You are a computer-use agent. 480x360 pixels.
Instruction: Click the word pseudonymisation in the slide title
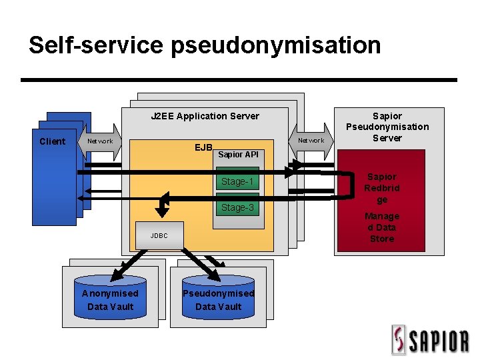pos(275,45)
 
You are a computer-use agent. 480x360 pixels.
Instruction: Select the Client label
pos(53,141)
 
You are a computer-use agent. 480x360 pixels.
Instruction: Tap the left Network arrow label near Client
pos(101,141)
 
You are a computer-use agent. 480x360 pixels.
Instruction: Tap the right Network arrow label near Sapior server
pos(311,141)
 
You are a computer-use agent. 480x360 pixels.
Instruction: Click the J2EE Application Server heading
pos(205,116)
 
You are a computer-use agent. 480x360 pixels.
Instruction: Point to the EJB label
pos(203,147)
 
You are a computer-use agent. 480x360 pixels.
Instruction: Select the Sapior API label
pos(238,155)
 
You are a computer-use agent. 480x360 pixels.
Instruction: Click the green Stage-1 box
pos(237,181)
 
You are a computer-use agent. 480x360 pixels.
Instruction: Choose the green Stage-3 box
pos(237,207)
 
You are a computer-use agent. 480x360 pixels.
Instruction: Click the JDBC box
pos(159,235)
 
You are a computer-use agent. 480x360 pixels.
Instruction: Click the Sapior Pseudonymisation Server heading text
pos(387,127)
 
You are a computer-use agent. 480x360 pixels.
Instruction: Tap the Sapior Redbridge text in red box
pos(382,188)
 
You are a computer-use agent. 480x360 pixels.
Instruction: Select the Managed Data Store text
pos(382,227)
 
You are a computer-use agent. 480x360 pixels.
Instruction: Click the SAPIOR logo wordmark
pos(438,341)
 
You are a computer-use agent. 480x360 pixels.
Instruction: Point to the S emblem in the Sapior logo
pos(399,340)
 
